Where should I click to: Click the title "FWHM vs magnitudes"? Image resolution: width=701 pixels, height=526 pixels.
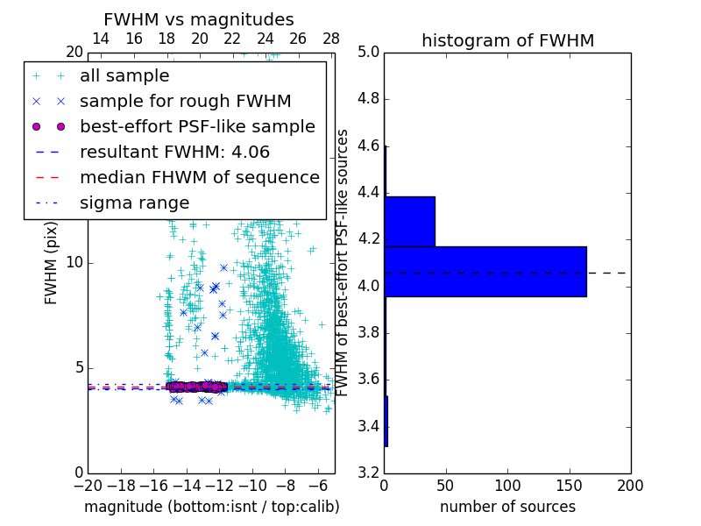pyautogui.click(x=199, y=19)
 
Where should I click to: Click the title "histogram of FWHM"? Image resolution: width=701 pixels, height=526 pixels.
pyautogui.click(x=507, y=40)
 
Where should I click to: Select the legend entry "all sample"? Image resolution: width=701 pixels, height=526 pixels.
pyautogui.click(x=124, y=76)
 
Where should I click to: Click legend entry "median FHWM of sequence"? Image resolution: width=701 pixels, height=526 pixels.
pyautogui.click(x=199, y=177)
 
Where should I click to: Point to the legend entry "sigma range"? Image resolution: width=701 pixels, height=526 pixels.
pyautogui.click(x=134, y=203)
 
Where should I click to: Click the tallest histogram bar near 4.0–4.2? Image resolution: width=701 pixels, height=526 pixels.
pyautogui.click(x=485, y=272)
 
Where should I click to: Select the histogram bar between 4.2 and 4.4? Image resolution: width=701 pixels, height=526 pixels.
pyautogui.click(x=409, y=222)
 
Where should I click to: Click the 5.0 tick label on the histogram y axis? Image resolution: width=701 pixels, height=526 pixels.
pyautogui.click(x=368, y=52)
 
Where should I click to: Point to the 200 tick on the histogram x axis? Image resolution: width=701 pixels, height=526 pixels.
pyautogui.click(x=630, y=485)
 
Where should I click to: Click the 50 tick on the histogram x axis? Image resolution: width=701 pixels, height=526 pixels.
pyautogui.click(x=446, y=485)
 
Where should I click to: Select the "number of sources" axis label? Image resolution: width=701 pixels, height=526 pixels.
pyautogui.click(x=507, y=507)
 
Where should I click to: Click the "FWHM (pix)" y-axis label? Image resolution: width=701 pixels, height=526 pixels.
pyautogui.click(x=51, y=262)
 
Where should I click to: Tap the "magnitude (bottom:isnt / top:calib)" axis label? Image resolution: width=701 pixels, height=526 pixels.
pyautogui.click(x=211, y=507)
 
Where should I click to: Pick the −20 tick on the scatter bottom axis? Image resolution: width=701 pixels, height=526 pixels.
pyautogui.click(x=88, y=485)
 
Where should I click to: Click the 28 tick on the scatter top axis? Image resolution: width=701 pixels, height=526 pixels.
pyautogui.click(x=331, y=39)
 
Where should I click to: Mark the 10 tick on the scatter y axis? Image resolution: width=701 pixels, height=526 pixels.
pyautogui.click(x=74, y=262)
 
